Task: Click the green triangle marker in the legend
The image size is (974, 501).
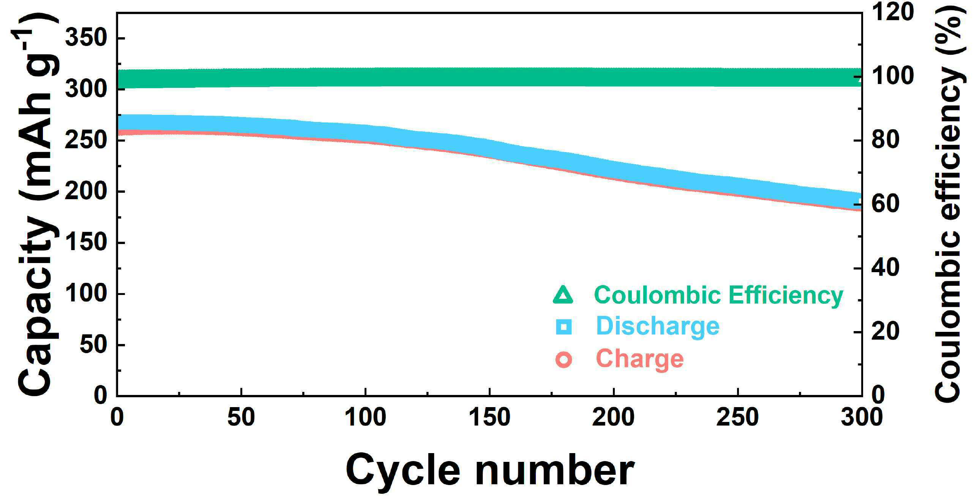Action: (563, 295)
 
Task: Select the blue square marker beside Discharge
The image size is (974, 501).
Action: (564, 327)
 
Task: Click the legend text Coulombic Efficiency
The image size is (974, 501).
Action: (718, 295)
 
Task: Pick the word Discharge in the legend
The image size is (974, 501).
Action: (658, 327)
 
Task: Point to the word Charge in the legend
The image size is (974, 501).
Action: (640, 359)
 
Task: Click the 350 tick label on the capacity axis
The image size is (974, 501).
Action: (85, 38)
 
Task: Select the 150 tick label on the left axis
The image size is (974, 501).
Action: (85, 243)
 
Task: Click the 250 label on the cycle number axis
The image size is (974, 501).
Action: (737, 417)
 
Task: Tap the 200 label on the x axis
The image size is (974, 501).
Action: (614, 417)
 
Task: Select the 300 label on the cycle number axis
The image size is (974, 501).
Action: (862, 417)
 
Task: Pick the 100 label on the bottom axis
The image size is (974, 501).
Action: (365, 417)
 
